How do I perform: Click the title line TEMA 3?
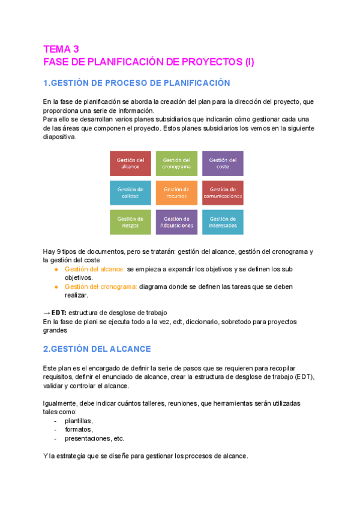pos(61,49)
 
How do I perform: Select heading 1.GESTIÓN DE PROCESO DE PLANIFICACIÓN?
pos(137,83)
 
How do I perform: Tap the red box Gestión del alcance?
pos(130,163)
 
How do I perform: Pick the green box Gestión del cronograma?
pos(176,163)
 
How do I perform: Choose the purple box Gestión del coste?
pos(223,163)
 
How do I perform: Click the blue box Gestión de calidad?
pos(130,193)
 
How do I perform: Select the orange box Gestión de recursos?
pos(176,193)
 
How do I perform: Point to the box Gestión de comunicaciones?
pos(223,193)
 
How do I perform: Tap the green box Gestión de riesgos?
pos(130,222)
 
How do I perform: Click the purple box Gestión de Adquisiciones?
pos(176,222)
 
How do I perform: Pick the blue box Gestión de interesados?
pos(223,222)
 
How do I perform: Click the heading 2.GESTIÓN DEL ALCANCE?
pos(97,349)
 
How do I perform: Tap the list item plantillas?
pos(79,421)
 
